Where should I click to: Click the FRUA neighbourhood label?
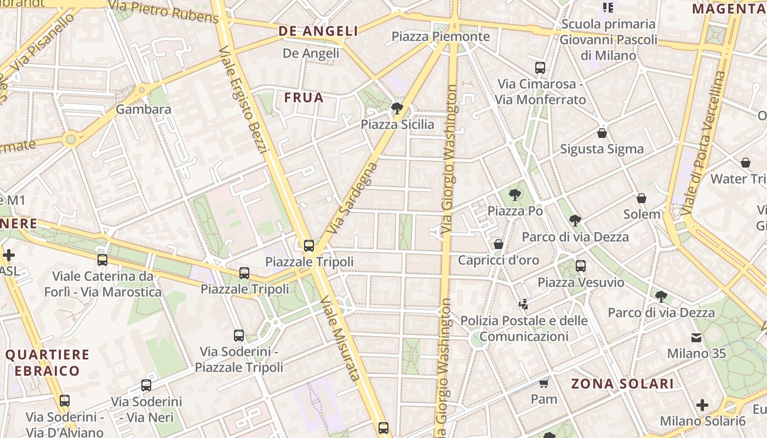click(x=304, y=98)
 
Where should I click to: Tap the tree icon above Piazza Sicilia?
click(x=397, y=108)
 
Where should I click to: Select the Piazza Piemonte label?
click(x=440, y=37)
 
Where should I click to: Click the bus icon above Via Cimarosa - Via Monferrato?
click(x=540, y=68)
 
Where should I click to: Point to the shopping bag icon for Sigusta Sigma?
click(x=602, y=133)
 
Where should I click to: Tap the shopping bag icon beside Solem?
click(x=641, y=198)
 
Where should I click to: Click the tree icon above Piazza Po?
click(x=514, y=194)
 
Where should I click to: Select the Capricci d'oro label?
click(x=499, y=260)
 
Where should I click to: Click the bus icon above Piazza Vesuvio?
click(x=581, y=266)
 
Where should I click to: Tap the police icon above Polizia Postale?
click(x=523, y=304)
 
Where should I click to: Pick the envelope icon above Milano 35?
click(x=696, y=337)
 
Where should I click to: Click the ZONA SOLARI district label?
click(x=622, y=384)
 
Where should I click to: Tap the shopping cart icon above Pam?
click(x=543, y=383)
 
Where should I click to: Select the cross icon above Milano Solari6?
click(x=702, y=405)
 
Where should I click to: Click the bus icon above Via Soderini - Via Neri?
click(x=146, y=385)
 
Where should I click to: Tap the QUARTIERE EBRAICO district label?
click(x=47, y=362)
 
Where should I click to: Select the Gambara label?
click(x=144, y=109)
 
